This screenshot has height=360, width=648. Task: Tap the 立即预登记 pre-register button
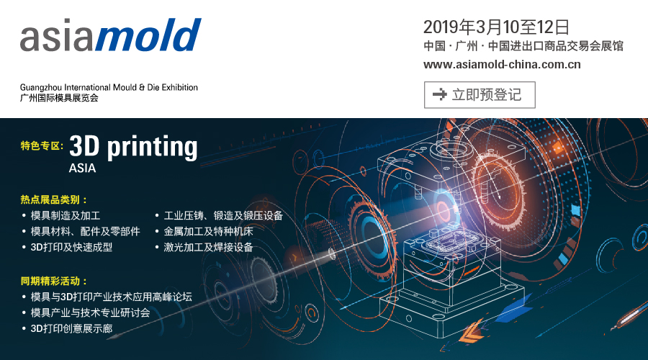(x=480, y=94)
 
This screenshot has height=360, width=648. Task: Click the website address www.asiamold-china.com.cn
(x=502, y=65)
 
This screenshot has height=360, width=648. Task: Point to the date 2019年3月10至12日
(x=496, y=27)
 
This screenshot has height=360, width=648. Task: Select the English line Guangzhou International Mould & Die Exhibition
(x=109, y=87)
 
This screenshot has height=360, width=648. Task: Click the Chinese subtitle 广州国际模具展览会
(x=59, y=98)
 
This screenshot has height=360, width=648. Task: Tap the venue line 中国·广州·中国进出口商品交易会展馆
(x=523, y=46)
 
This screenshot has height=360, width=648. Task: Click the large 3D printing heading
(x=133, y=147)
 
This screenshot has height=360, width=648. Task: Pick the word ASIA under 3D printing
(x=82, y=168)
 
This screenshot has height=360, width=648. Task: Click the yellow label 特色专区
(x=42, y=145)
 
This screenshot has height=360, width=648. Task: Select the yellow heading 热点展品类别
(x=54, y=200)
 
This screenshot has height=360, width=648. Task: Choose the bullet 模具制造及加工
(x=66, y=216)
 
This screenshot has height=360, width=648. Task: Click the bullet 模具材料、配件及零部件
(x=85, y=231)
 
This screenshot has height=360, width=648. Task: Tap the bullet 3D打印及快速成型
(x=71, y=247)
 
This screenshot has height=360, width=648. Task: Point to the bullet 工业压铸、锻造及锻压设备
(x=223, y=216)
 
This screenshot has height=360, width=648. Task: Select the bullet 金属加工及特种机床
(x=208, y=231)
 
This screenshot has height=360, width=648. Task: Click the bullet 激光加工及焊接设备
(x=208, y=247)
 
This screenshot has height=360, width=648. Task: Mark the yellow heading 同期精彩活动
(x=54, y=282)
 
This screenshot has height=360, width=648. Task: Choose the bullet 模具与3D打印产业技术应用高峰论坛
(x=111, y=297)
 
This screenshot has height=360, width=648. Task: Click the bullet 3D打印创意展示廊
(x=71, y=328)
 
